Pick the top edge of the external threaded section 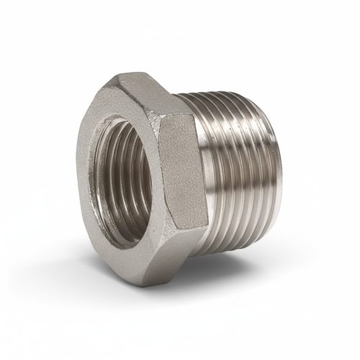(x=230, y=97)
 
